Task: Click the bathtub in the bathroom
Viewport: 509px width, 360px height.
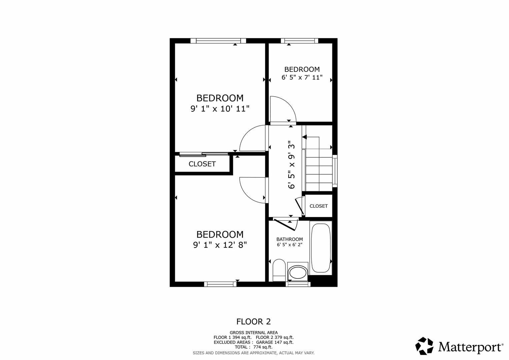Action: [321, 248]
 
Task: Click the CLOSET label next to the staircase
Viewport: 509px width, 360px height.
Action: [318, 206]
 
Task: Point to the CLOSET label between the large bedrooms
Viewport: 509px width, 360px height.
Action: [202, 164]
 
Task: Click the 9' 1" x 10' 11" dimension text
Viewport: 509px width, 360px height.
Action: [220, 109]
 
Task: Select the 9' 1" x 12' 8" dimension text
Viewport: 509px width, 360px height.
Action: [220, 245]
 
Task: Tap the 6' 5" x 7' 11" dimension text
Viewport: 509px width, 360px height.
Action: [302, 77]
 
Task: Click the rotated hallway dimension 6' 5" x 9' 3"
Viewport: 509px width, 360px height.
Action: [292, 165]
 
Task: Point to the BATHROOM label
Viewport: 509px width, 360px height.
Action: [289, 239]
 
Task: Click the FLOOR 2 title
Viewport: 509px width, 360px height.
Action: [253, 322]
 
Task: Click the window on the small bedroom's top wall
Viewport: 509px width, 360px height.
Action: [299, 41]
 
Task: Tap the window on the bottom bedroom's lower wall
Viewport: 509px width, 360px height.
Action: [220, 284]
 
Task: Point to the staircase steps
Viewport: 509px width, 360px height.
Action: [319, 173]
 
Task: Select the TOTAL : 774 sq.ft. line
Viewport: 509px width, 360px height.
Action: [253, 347]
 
